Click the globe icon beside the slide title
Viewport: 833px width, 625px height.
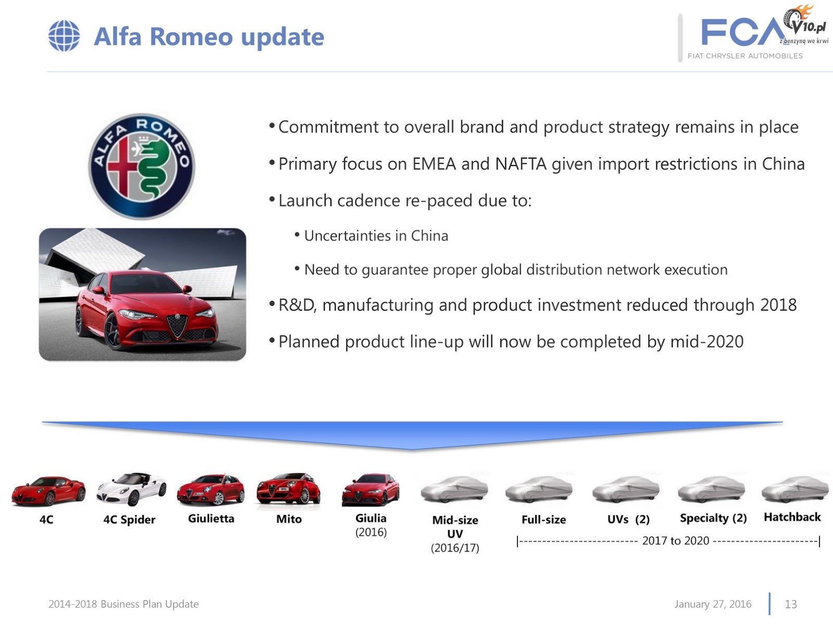tap(64, 35)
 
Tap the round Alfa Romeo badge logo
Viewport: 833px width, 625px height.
tap(142, 166)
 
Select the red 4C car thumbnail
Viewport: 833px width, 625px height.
tap(48, 491)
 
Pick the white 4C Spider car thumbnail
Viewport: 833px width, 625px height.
tap(131, 489)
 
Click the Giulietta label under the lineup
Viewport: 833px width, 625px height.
tap(211, 518)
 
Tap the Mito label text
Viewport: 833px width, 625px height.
tap(289, 519)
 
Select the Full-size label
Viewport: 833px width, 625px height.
tap(544, 519)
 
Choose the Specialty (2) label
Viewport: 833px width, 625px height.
tap(713, 518)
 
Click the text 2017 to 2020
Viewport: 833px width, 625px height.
tap(675, 541)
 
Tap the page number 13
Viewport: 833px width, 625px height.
tap(790, 604)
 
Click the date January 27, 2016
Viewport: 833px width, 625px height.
tap(713, 604)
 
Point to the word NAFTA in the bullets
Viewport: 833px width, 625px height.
tap(521, 164)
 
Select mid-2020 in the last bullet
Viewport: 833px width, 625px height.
tap(706, 342)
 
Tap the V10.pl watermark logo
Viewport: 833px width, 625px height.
tap(806, 24)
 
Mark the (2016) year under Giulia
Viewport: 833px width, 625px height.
tap(371, 532)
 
